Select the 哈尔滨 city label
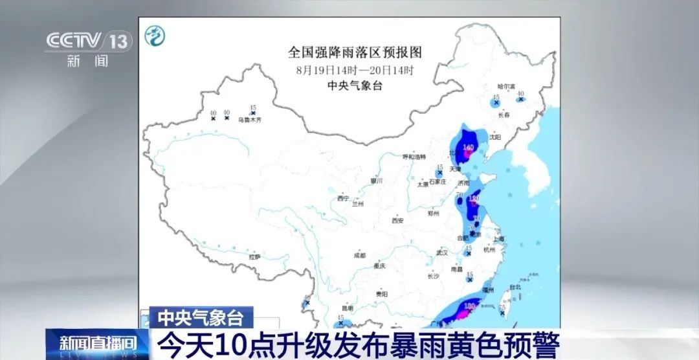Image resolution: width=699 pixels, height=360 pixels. [505, 86]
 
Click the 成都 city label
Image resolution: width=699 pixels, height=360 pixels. [360, 256]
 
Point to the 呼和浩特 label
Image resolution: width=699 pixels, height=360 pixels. [414, 157]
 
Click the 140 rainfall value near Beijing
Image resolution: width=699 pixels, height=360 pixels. [469, 148]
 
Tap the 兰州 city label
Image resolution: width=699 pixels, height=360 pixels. [358, 203]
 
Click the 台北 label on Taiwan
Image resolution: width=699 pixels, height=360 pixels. [515, 287]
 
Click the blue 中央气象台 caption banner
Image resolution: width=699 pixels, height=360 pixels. [201, 317]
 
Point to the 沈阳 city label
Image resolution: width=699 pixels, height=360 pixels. [495, 137]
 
